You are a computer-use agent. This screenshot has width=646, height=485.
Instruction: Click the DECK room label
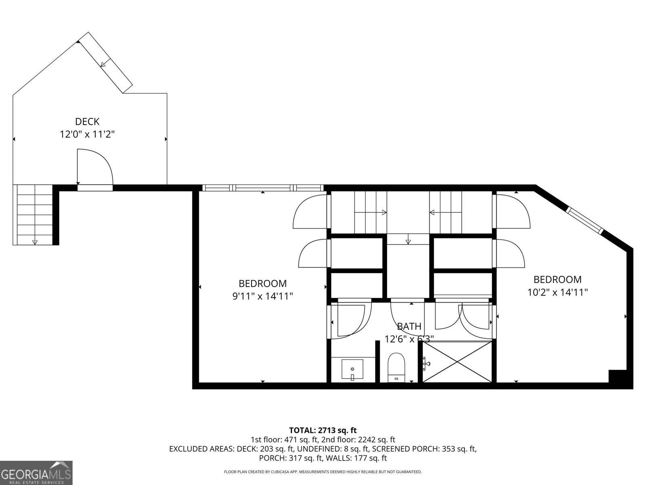point(87,121)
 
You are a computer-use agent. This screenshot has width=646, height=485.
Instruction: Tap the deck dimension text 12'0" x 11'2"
point(87,134)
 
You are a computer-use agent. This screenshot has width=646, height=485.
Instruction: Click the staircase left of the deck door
point(34,214)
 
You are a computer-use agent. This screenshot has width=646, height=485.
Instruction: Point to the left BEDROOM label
point(262,283)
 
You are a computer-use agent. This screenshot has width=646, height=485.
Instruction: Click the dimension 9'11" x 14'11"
point(262,296)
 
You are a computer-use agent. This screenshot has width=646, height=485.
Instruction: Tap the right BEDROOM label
point(558,279)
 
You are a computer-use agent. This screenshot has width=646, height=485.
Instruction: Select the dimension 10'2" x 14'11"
point(558,292)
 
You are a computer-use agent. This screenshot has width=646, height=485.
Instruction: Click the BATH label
point(409,326)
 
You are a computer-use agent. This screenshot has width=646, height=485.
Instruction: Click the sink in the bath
point(352,369)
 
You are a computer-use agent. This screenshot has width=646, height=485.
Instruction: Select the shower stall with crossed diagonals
point(457,362)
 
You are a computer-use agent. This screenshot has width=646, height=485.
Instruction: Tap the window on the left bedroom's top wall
point(262,188)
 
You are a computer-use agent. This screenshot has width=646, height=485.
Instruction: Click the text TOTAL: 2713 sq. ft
point(323,430)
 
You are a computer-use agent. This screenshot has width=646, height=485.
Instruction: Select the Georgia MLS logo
point(36,472)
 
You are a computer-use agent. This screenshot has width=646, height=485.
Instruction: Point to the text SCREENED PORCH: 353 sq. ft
point(424,449)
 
